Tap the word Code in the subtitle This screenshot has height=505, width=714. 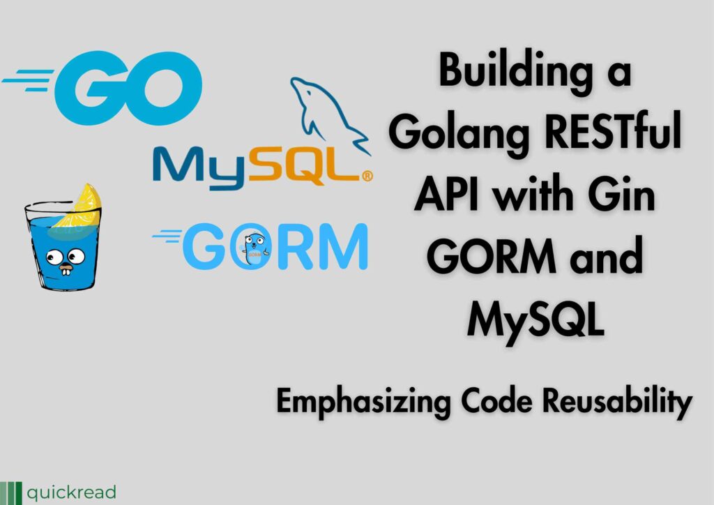tap(496, 400)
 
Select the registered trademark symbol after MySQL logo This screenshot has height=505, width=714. tap(367, 176)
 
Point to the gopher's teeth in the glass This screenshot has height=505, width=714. tap(66, 271)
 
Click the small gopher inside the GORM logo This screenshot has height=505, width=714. tap(254, 248)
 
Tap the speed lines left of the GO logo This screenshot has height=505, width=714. tap(28, 80)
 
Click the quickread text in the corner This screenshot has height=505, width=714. tap(72, 492)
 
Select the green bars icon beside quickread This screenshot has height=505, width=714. tap(10, 493)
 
